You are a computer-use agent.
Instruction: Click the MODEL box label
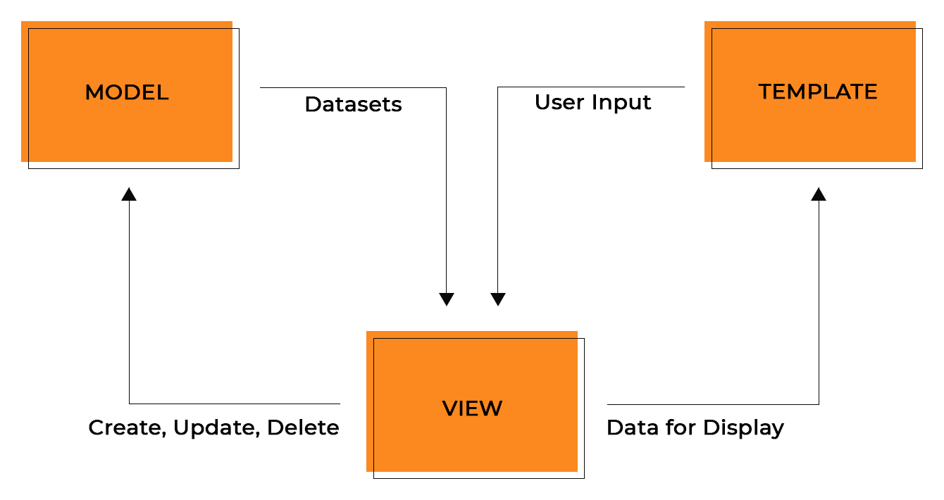127,92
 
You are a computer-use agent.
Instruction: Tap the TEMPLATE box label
817,92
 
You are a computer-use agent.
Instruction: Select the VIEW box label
472,408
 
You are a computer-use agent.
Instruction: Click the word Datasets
353,105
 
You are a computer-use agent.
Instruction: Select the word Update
217,428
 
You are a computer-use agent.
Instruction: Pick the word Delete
303,427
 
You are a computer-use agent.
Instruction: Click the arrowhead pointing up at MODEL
129,194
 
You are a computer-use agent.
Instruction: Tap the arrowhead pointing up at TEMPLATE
819,194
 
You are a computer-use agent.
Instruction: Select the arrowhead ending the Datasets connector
447,299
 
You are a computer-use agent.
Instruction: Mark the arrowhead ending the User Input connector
498,299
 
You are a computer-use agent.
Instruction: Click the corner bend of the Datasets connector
446,88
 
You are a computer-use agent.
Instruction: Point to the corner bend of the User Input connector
498,87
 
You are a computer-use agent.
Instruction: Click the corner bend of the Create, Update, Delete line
130,404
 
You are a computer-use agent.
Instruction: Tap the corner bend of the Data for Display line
819,404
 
